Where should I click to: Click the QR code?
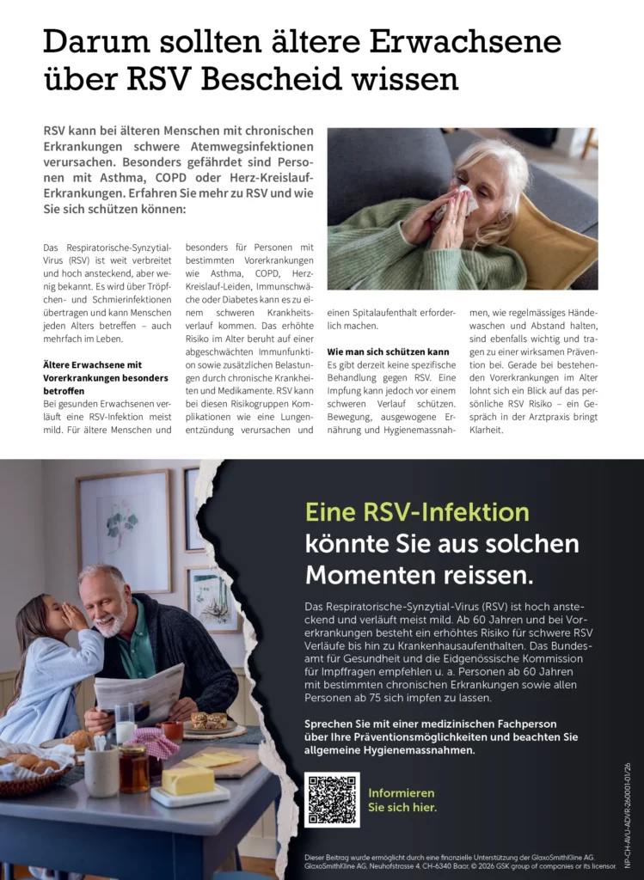point(332,799)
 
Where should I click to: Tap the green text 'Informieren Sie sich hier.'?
point(402,800)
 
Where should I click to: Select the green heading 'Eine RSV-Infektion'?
point(417,512)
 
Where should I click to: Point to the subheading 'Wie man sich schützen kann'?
point(388,352)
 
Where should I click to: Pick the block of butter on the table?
point(187,780)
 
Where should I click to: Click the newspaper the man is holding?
point(140,692)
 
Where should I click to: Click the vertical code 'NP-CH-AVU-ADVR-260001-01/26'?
point(628,815)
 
